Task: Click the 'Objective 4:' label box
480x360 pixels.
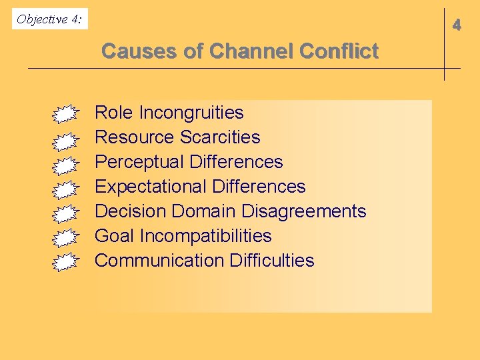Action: click(x=49, y=19)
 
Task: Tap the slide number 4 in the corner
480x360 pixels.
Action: click(x=457, y=26)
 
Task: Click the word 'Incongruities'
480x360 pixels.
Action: click(x=191, y=113)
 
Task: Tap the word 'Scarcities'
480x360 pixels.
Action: click(x=220, y=137)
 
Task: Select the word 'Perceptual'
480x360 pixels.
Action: click(x=139, y=162)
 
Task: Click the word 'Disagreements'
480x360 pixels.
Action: click(x=303, y=211)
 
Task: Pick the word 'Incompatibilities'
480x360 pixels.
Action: click(x=205, y=236)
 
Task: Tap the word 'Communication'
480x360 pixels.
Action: click(x=159, y=261)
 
